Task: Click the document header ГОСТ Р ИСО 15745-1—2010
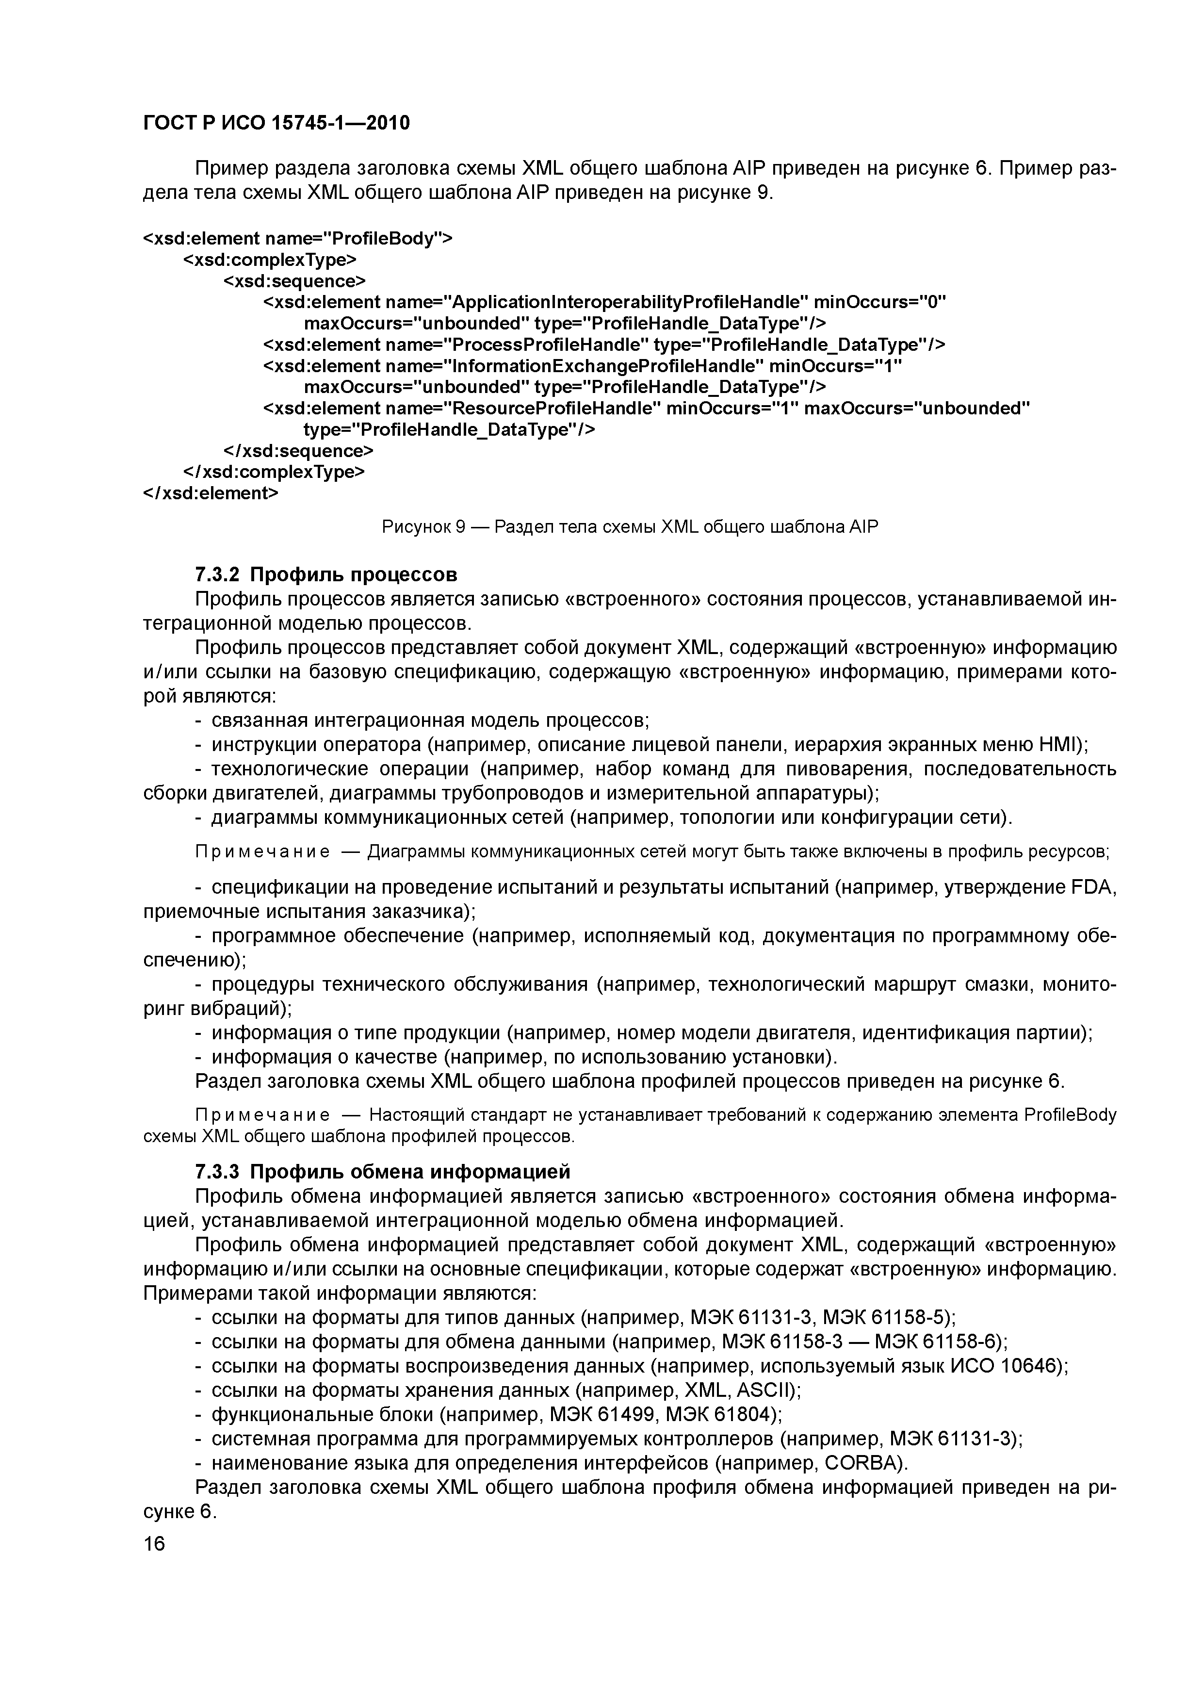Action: pos(276,123)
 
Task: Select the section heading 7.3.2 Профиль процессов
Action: pos(326,574)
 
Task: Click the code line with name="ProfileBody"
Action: pos(297,239)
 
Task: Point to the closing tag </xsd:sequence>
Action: pos(299,451)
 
